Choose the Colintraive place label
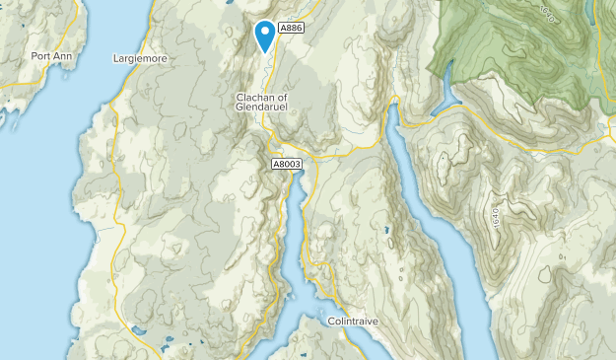click(353, 322)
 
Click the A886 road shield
click(291, 29)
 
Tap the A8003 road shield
click(287, 164)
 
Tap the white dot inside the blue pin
click(265, 32)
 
